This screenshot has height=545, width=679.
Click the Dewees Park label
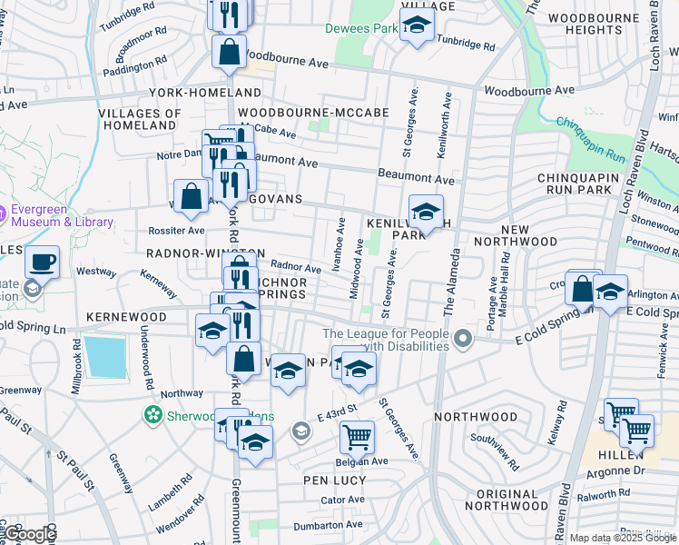[362, 29]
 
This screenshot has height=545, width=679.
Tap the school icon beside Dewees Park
[417, 26]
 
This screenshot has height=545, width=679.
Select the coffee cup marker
[42, 264]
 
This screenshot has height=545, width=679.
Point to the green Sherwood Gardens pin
[153, 416]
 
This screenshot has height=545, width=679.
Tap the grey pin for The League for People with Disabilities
[464, 341]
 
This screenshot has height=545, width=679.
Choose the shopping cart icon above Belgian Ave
[357, 437]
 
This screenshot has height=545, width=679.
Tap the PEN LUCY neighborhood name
[333, 479]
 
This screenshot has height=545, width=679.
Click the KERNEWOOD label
[126, 317]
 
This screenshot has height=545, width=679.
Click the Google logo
[31, 535]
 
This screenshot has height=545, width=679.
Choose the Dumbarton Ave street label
[328, 524]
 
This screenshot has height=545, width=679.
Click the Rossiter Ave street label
[146, 230]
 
